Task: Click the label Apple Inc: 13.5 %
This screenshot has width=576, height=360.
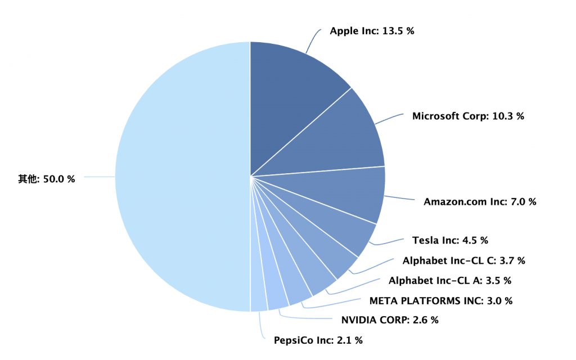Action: click(372, 31)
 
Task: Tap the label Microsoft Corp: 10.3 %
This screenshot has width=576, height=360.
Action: click(468, 116)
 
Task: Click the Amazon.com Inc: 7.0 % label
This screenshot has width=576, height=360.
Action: click(480, 201)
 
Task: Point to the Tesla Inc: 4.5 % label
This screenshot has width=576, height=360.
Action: click(450, 240)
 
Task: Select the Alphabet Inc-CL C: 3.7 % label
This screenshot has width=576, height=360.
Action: click(463, 260)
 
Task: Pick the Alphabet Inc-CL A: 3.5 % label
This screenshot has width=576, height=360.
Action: click(450, 280)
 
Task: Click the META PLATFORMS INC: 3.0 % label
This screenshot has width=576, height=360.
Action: click(440, 300)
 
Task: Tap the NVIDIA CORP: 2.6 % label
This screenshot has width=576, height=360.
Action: click(389, 320)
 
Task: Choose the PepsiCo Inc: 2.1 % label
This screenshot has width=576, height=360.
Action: click(318, 340)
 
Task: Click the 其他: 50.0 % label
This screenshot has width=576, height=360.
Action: click(47, 178)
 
